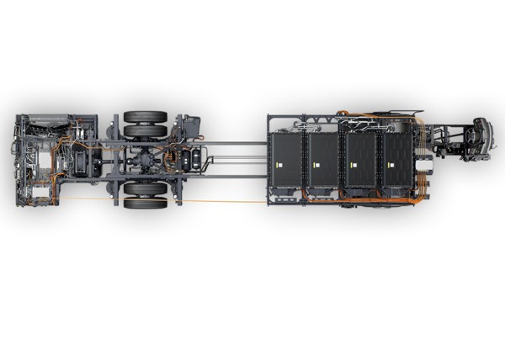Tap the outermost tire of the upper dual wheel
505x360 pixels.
coord(145,117)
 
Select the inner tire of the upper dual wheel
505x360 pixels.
coord(145,131)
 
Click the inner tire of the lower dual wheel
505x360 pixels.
coord(145,188)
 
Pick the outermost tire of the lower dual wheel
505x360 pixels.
coord(145,203)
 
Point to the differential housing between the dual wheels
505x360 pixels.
coord(146,159)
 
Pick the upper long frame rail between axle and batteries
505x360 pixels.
coord(236,144)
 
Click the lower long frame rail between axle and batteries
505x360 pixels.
coord(236,176)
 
